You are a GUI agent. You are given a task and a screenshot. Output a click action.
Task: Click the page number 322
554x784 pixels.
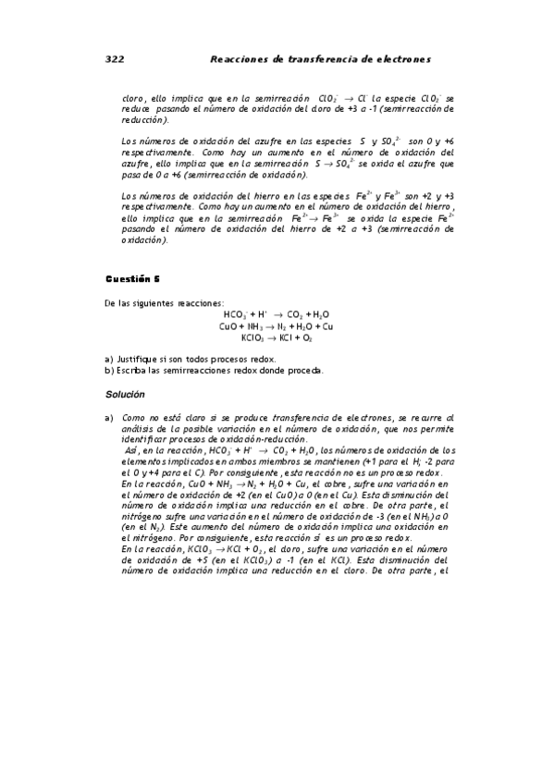[114, 59]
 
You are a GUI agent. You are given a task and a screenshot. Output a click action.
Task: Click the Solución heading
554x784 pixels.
[127, 395]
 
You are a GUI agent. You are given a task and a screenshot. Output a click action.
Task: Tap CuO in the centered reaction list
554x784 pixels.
[228, 326]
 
